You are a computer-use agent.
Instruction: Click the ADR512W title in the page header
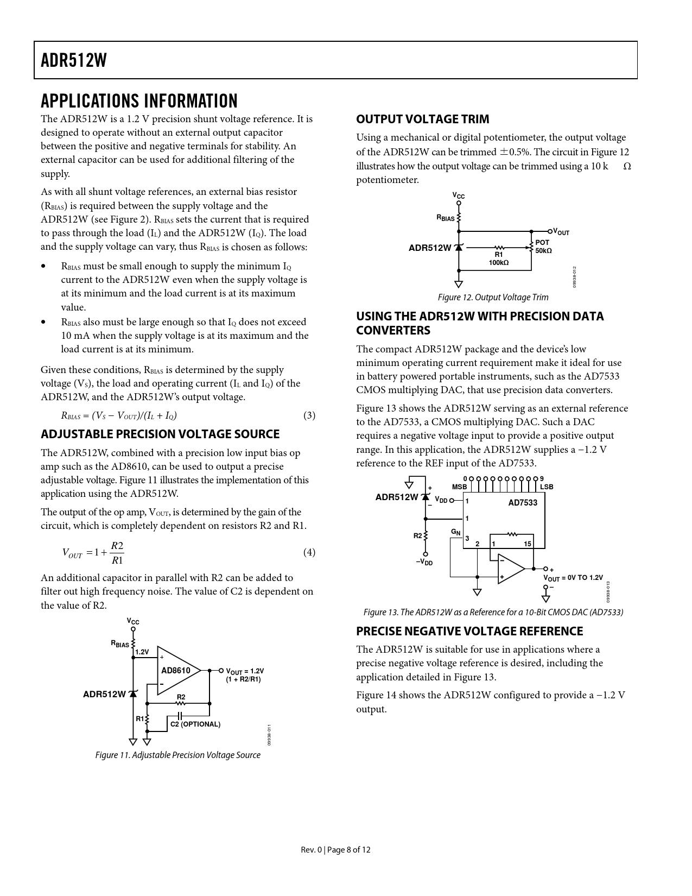[x=74, y=60]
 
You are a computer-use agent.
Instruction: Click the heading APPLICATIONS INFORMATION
[x=139, y=102]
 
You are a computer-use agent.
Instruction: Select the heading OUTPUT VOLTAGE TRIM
[x=422, y=119]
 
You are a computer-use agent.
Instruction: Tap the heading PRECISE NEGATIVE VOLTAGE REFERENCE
[x=469, y=631]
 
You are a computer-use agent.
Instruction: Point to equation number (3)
[x=309, y=416]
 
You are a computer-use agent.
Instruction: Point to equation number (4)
[x=309, y=552]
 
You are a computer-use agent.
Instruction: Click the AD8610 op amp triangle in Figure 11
[x=177, y=671]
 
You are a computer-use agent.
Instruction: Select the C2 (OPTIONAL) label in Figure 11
[x=195, y=724]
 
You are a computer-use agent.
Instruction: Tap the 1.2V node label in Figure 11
[x=142, y=652]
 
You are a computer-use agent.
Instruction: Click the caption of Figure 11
[x=177, y=755]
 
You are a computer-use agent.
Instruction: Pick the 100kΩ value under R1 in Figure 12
[x=498, y=263]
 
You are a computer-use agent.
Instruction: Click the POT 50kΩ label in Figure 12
[x=543, y=247]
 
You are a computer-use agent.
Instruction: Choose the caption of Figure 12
[x=493, y=298]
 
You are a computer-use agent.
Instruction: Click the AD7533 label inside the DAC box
[x=522, y=503]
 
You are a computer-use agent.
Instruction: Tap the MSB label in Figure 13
[x=459, y=487]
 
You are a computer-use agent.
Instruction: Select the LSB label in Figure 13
[x=547, y=487]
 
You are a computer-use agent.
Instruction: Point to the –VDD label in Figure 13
[x=424, y=563]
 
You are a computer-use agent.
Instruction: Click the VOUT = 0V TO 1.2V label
[x=573, y=578]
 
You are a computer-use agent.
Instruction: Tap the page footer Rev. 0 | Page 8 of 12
[x=336, y=850]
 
